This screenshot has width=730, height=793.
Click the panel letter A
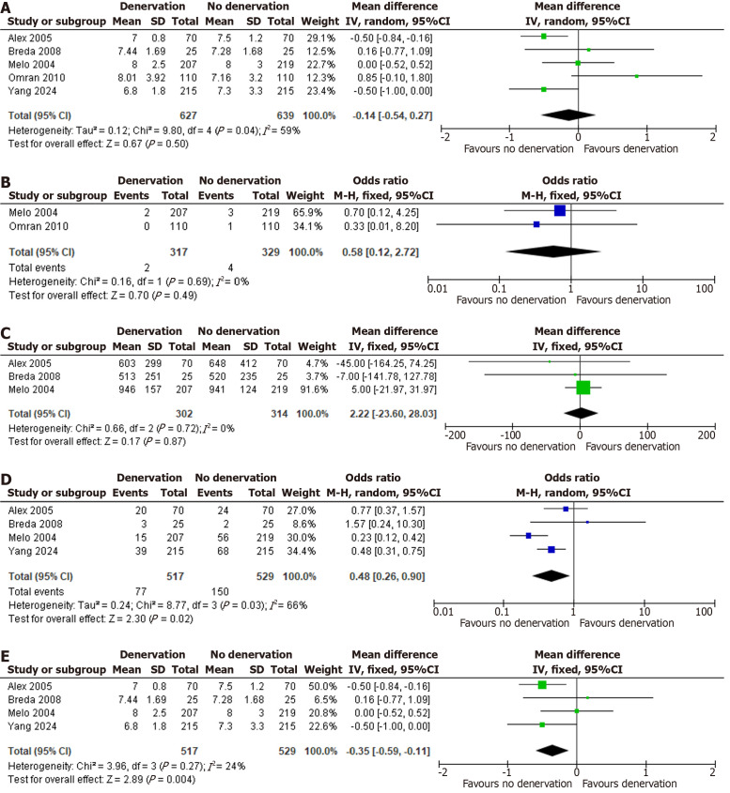pos(8,9)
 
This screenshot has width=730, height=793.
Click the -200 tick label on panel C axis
pos(445,461)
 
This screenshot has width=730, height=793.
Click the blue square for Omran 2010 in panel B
pos(536,224)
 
